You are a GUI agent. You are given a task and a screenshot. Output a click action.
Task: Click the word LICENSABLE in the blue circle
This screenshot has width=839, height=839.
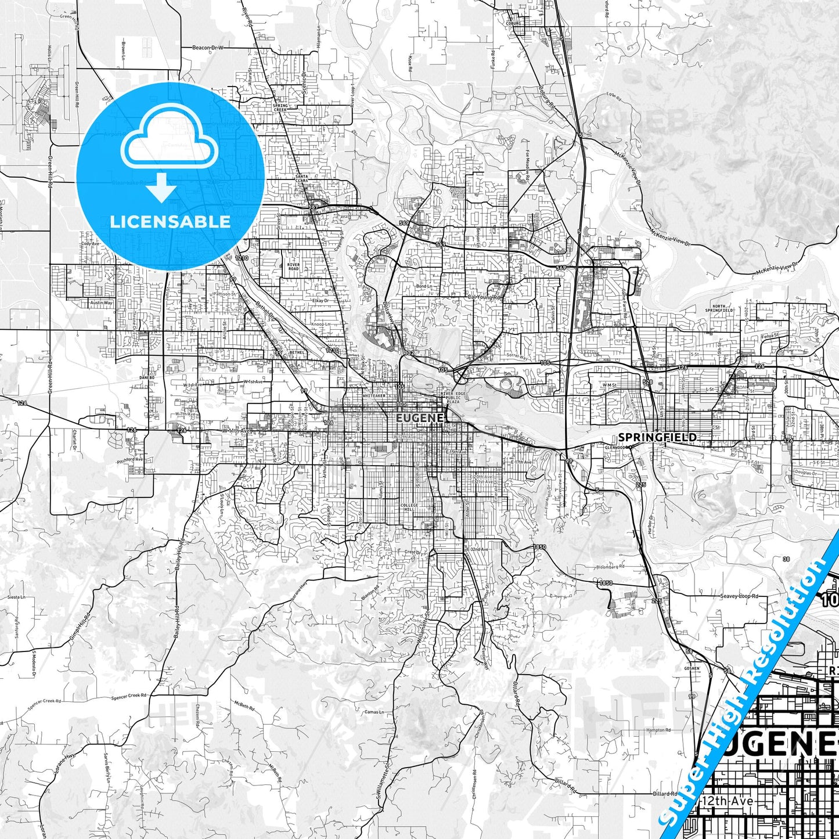click(170, 221)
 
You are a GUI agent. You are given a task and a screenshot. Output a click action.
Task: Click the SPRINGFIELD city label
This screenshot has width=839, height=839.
click(657, 437)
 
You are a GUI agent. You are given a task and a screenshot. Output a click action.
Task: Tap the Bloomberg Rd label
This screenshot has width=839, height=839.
click(610, 566)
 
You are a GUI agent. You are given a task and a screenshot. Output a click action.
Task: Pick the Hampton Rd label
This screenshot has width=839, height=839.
click(658, 730)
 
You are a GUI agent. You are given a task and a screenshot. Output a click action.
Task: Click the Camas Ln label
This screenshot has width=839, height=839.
click(374, 712)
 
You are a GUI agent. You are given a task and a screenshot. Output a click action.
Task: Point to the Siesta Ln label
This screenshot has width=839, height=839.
click(16, 597)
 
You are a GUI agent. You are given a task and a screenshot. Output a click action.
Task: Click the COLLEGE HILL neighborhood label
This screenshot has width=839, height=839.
click(409, 507)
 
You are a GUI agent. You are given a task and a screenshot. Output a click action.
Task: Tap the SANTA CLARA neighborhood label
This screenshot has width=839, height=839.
click(302, 178)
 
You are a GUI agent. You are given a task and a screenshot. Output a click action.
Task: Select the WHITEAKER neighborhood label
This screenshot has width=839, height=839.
click(374, 395)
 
